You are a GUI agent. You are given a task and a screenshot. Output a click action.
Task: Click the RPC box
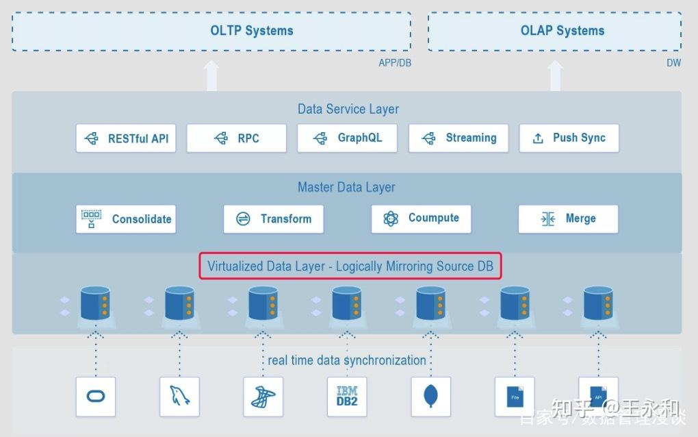coord(236,138)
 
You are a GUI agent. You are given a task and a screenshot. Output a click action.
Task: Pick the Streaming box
coord(458,138)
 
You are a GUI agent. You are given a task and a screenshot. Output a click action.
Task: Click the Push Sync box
coord(569,138)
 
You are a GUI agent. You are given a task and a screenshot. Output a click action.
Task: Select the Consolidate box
coord(126,219)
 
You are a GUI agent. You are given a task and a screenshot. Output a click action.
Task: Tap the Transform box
coord(273,219)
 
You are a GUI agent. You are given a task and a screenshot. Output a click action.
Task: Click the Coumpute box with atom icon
coord(421,218)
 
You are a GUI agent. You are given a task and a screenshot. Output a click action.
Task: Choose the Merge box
coord(568,219)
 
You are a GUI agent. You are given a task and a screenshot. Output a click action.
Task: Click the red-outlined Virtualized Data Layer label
coord(350,266)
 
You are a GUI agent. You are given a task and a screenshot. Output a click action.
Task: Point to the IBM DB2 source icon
coord(347,397)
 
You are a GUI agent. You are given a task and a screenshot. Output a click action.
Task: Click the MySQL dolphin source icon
coord(179,397)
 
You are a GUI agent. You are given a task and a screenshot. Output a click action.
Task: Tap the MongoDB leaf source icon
coord(430,397)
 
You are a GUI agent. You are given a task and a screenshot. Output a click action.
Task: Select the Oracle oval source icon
coord(96,397)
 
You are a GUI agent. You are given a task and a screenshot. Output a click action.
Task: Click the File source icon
coord(515,397)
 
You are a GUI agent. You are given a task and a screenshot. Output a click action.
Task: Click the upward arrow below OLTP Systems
coord(211,75)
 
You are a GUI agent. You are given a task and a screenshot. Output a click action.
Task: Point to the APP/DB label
coord(395,62)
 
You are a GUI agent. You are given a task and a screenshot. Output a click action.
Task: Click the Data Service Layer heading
coord(348,109)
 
